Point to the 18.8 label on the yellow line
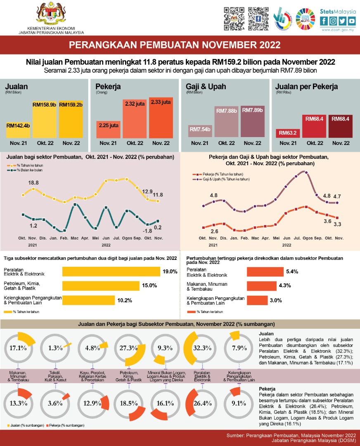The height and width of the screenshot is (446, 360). pyautogui.click(x=33, y=183)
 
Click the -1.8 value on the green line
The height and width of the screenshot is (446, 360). pyautogui.click(x=148, y=231)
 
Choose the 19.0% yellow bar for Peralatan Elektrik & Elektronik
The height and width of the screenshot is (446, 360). pyautogui.click(x=111, y=271)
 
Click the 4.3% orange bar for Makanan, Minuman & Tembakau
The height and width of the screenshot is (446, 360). pyautogui.click(x=261, y=285)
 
